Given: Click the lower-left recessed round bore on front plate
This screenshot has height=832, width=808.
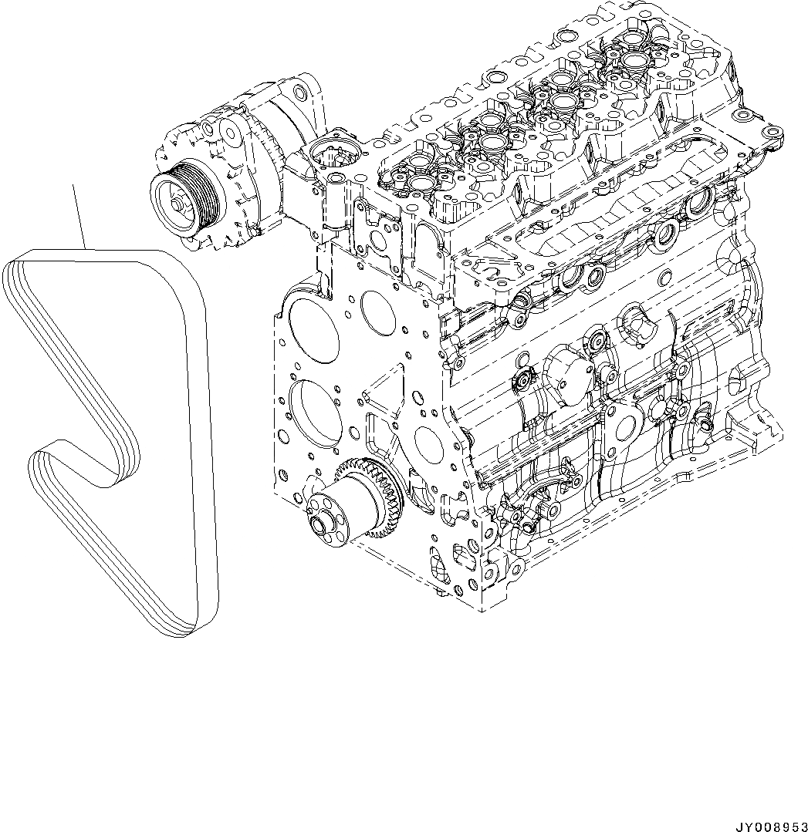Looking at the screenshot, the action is point(315,413).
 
